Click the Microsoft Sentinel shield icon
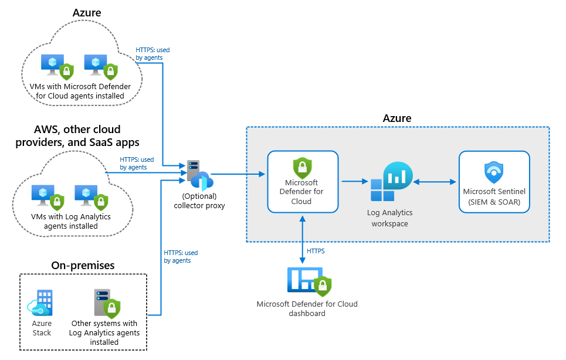[494, 172]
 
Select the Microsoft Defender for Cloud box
[303, 181]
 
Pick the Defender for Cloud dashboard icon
[309, 281]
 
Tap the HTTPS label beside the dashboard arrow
[316, 251]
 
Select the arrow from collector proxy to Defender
[238, 174]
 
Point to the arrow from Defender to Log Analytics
[354, 182]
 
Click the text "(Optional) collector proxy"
[199, 201]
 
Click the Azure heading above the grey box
[397, 118]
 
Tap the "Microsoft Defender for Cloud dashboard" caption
[307, 308]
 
